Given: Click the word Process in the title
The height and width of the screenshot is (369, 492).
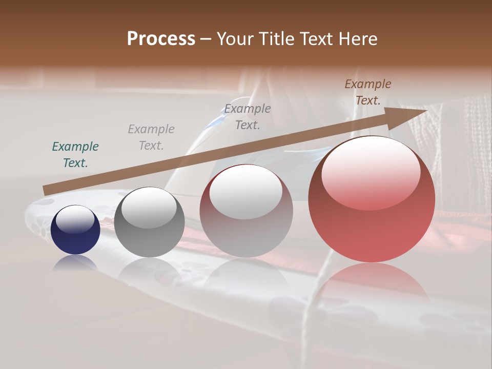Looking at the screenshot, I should pos(161,38).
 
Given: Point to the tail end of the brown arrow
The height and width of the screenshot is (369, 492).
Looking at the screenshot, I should pos(45,191).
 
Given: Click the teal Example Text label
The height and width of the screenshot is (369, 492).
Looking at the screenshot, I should pos(75,155).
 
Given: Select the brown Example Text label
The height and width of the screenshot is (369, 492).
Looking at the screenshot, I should pos(367,92).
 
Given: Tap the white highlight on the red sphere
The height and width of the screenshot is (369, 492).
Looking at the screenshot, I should pos(371,173).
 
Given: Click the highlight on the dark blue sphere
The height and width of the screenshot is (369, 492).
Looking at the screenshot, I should pos(76,219).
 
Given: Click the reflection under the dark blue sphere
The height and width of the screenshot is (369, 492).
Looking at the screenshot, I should pos(76,262).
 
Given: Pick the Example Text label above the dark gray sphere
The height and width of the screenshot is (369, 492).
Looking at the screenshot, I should pos(151,137).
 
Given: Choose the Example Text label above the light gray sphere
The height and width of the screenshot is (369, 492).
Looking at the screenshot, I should pos(248,116).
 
